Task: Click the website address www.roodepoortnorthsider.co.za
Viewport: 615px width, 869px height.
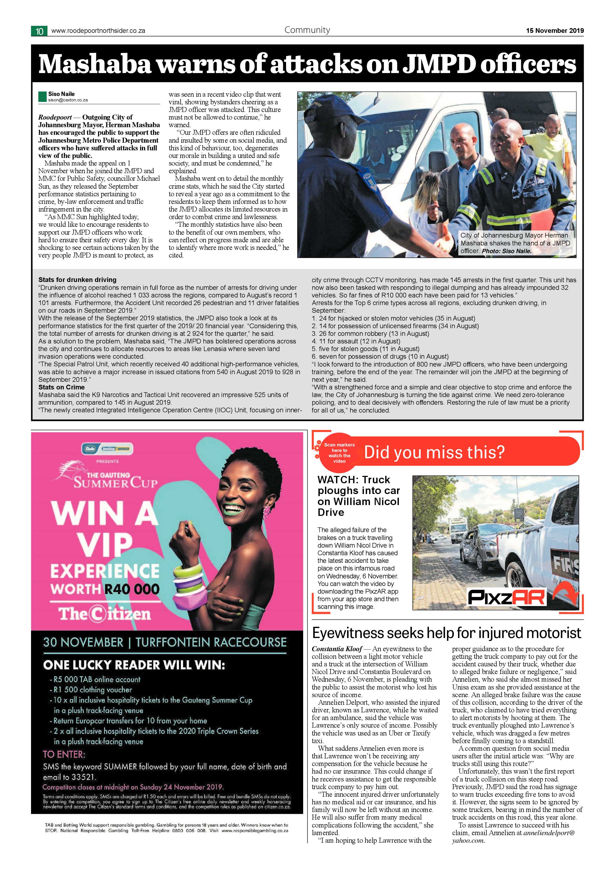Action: pos(98,31)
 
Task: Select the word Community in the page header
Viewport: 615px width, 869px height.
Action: pos(307,30)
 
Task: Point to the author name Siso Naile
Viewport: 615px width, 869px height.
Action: pos(61,94)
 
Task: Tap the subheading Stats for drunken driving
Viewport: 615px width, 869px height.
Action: pos(77,280)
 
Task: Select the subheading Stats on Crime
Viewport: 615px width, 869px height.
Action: pos(61,387)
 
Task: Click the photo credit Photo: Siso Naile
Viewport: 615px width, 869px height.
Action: pos(506,251)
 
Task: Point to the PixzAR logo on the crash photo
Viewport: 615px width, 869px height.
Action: pos(506,597)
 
